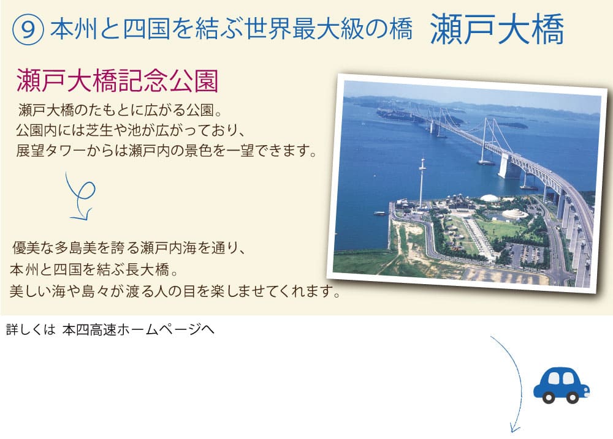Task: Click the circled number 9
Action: (28, 29)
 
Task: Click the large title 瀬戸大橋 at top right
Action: (497, 29)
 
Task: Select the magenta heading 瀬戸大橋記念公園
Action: (117, 80)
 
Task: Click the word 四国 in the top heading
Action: (147, 29)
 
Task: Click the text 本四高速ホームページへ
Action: (139, 330)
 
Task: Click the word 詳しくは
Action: (31, 330)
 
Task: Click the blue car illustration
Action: (562, 385)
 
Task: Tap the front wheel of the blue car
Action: (573, 397)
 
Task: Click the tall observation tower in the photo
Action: (422, 183)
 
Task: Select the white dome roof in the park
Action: (489, 198)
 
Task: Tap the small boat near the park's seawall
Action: (379, 213)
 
